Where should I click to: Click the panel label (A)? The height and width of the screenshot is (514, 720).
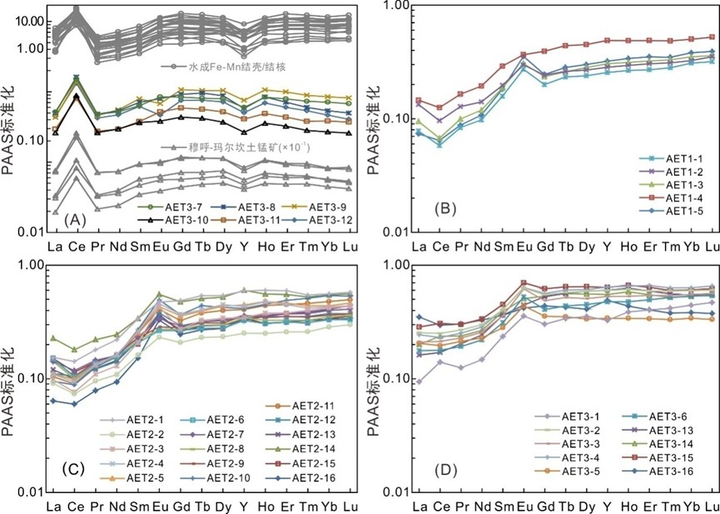point(75,219)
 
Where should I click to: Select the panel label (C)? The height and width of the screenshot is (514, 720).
point(75,481)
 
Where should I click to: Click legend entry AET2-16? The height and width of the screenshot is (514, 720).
point(324,477)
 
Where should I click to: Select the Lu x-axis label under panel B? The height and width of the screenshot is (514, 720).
point(712,247)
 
